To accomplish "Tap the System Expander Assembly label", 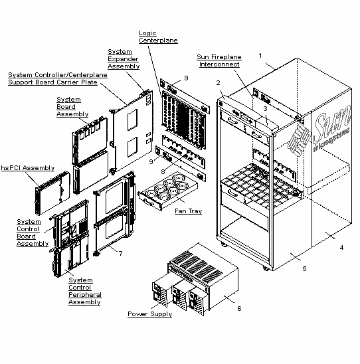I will [x=124, y=58].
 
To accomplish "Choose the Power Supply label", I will [x=149, y=314].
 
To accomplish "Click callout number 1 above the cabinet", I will [x=261, y=55].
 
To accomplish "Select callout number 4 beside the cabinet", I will [x=341, y=248].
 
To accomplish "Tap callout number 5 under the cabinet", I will [x=305, y=268].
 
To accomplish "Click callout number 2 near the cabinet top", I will [x=217, y=82].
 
